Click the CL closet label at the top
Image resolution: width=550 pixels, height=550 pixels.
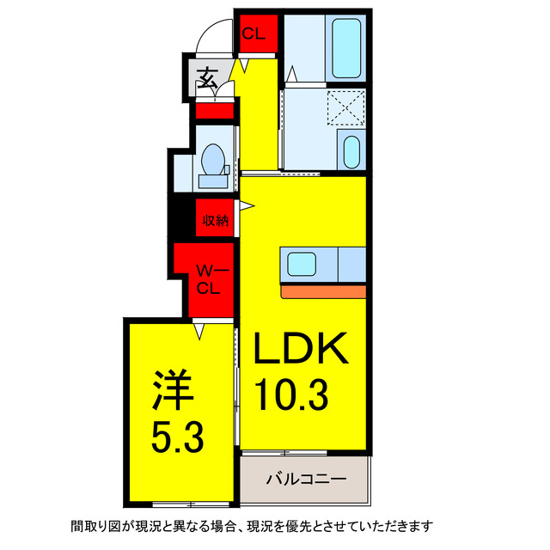pos(253,34)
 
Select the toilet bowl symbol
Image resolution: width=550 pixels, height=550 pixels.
pos(212,160)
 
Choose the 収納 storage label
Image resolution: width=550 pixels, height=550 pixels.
pos(216,222)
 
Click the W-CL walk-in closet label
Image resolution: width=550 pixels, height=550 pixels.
pos(206,280)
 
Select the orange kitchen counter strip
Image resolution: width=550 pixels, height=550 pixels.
pos(324,292)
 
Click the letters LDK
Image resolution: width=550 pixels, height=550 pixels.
pos(299,350)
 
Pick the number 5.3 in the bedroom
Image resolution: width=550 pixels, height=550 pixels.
pos(178,439)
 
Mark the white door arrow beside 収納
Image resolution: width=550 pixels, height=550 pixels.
pos(247,205)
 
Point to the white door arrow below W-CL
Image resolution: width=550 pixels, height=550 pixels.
pos(199,329)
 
